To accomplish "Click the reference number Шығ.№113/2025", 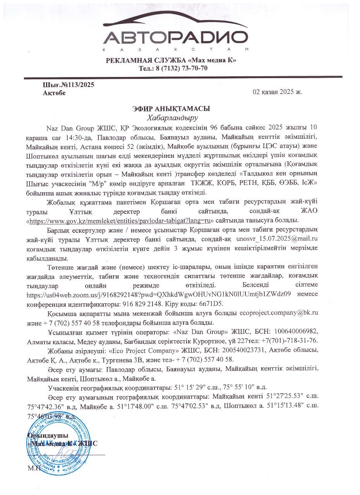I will [x=68, y=85].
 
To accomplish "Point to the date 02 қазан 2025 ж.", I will [x=277, y=92].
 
